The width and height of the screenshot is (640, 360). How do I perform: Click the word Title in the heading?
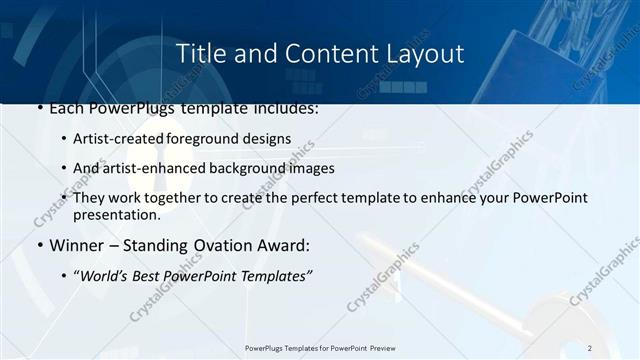coord(200,53)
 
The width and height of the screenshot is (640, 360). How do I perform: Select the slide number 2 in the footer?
coord(590,348)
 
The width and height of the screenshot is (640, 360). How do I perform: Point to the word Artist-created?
coord(112,138)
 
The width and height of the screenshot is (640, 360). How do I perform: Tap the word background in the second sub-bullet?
coord(243,168)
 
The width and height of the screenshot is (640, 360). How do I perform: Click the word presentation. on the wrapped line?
coord(116,214)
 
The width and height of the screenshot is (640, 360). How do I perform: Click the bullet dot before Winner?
coord(39,245)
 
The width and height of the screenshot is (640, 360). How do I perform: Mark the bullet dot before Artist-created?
coord(64,139)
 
